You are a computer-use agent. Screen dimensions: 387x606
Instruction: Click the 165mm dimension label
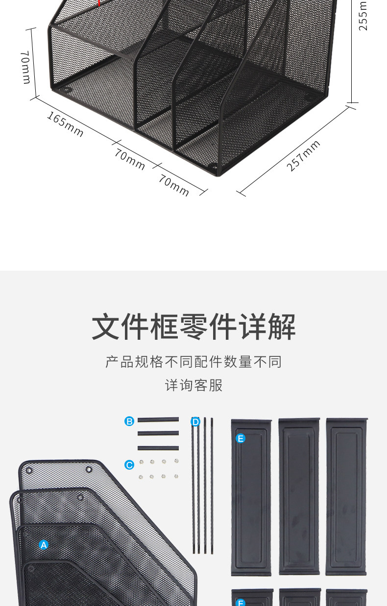click(65, 124)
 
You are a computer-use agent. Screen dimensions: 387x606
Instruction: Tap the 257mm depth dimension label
click(304, 156)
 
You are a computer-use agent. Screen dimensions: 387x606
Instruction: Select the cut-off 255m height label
click(363, 16)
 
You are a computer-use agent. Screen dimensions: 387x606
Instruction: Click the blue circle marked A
click(44, 545)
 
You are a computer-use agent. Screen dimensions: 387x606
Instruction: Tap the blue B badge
click(129, 421)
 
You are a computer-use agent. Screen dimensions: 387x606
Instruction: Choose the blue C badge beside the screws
click(129, 465)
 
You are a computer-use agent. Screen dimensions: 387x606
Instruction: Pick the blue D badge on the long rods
click(195, 422)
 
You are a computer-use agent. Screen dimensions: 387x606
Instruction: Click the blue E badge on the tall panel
click(241, 438)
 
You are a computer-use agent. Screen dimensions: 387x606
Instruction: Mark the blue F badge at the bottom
click(241, 602)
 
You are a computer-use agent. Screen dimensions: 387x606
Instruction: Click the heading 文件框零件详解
click(193, 326)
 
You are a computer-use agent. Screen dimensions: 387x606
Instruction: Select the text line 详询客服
click(193, 385)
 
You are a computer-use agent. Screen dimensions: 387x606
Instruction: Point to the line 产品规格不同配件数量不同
click(193, 362)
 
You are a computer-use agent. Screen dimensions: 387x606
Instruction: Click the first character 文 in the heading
click(106, 326)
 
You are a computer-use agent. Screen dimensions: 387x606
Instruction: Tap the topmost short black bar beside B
click(158, 420)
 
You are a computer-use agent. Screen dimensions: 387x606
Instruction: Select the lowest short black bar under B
click(158, 448)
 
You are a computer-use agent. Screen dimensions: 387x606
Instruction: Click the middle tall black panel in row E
click(299, 497)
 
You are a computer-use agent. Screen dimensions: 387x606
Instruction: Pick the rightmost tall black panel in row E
click(346, 497)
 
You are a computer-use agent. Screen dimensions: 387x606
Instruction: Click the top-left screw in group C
click(142, 462)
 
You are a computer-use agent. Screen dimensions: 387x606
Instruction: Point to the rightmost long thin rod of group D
click(212, 485)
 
